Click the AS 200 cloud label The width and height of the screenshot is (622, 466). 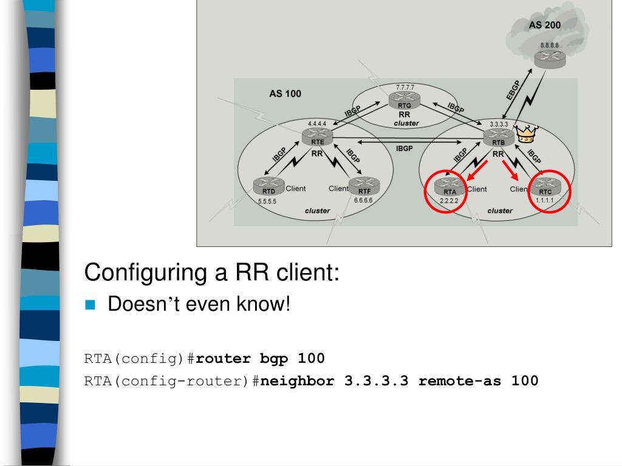(545, 25)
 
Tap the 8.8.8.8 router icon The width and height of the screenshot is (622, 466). (549, 58)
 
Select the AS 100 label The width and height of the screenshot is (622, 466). (285, 95)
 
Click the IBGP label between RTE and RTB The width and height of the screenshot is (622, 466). (405, 149)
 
